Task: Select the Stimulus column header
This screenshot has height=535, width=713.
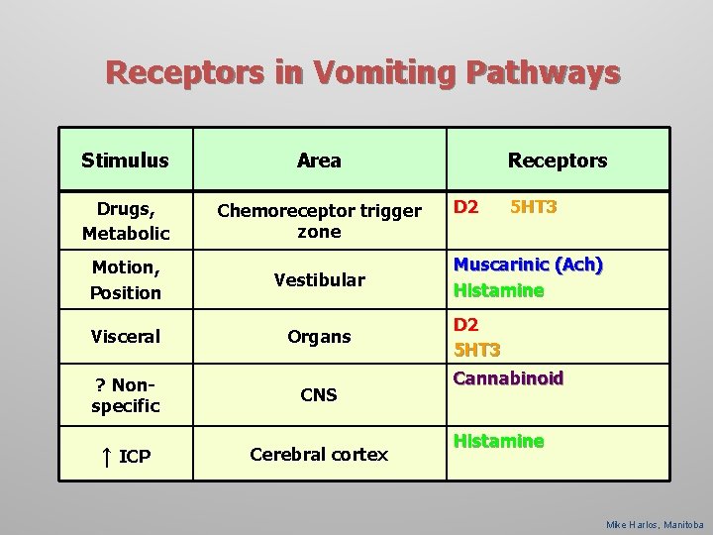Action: coord(125,160)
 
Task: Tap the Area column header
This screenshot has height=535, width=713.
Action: coord(319,160)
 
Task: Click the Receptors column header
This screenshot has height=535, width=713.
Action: coord(558,160)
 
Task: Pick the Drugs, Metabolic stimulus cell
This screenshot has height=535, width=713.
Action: coord(126,221)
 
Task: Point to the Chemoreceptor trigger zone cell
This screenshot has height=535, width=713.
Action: coord(319,221)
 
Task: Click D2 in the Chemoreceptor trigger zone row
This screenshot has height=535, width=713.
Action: coord(465,208)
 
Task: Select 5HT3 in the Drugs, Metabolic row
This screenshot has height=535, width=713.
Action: coord(533,208)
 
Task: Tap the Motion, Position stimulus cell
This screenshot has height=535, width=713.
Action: coord(126,279)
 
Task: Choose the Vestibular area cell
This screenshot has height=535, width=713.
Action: coord(319,279)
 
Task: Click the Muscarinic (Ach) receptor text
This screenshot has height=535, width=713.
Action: coord(528,266)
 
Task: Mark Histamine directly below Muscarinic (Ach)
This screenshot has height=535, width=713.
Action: coord(498,290)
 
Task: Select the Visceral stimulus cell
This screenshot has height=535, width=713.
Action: coord(126,336)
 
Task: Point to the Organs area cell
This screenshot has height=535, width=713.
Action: coord(319,336)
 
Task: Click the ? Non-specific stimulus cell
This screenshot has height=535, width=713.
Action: coord(126,394)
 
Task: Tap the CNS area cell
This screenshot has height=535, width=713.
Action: coord(319,394)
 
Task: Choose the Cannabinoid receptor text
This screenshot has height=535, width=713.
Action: coord(508,378)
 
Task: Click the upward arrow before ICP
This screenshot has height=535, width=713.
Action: coord(104,456)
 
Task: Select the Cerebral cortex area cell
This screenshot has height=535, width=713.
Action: coord(319,454)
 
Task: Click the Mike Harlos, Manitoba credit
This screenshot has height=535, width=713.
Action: coord(655,524)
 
